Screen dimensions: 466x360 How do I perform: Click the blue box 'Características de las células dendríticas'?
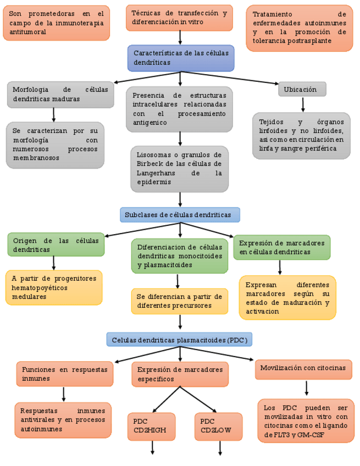181,58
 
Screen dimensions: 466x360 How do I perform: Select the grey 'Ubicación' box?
302,89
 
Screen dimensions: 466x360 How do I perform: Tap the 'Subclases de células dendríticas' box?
180,215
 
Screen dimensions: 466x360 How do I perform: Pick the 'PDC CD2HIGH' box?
151,426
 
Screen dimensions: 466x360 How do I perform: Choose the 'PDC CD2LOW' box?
218,426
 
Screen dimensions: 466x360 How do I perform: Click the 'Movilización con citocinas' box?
303,369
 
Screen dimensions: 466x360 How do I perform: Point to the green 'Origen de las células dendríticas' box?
56,245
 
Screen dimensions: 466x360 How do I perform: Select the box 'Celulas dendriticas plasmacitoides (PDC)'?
179,340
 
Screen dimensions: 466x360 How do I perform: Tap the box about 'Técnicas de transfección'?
179,18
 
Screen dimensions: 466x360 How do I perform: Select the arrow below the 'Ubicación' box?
302,104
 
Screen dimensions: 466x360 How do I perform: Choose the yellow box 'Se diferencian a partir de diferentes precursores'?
179,301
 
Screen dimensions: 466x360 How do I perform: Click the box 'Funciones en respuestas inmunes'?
64,374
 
